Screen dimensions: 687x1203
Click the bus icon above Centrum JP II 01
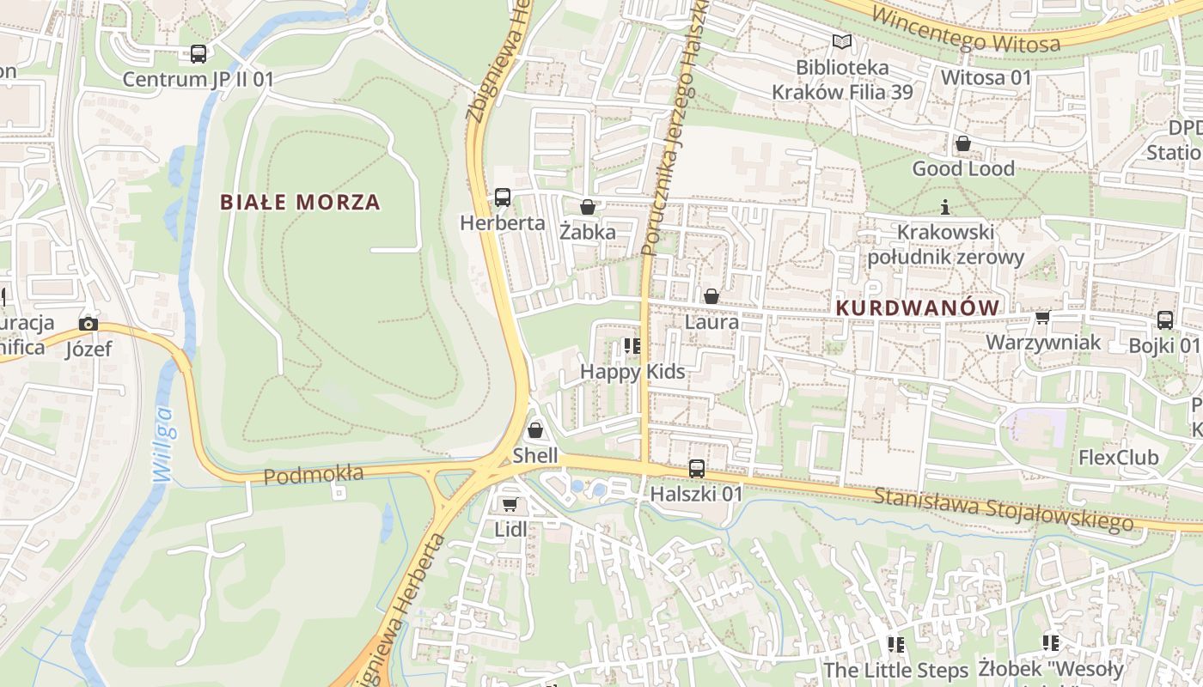(198, 54)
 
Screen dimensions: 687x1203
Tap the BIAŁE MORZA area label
(300, 203)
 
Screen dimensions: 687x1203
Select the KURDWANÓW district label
(918, 308)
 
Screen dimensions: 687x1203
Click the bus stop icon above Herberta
(503, 198)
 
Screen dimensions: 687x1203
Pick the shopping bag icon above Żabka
(588, 207)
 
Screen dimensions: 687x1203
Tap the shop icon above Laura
(711, 296)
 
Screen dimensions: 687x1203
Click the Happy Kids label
(632, 371)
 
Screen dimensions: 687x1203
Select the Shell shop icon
(535, 430)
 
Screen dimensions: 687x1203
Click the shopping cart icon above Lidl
(510, 504)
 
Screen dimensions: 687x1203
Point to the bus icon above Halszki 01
(697, 469)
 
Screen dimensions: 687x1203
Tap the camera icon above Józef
(89, 324)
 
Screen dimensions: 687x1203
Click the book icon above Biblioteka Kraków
(842, 41)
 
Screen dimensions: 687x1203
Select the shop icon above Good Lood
(963, 143)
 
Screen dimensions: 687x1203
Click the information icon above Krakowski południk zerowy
(945, 207)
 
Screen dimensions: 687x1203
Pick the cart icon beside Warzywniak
(1043, 318)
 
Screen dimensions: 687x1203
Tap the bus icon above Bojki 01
(1165, 320)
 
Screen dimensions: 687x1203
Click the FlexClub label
(1118, 458)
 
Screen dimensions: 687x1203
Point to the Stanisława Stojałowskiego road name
(1004, 509)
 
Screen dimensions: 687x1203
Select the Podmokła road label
(314, 474)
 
